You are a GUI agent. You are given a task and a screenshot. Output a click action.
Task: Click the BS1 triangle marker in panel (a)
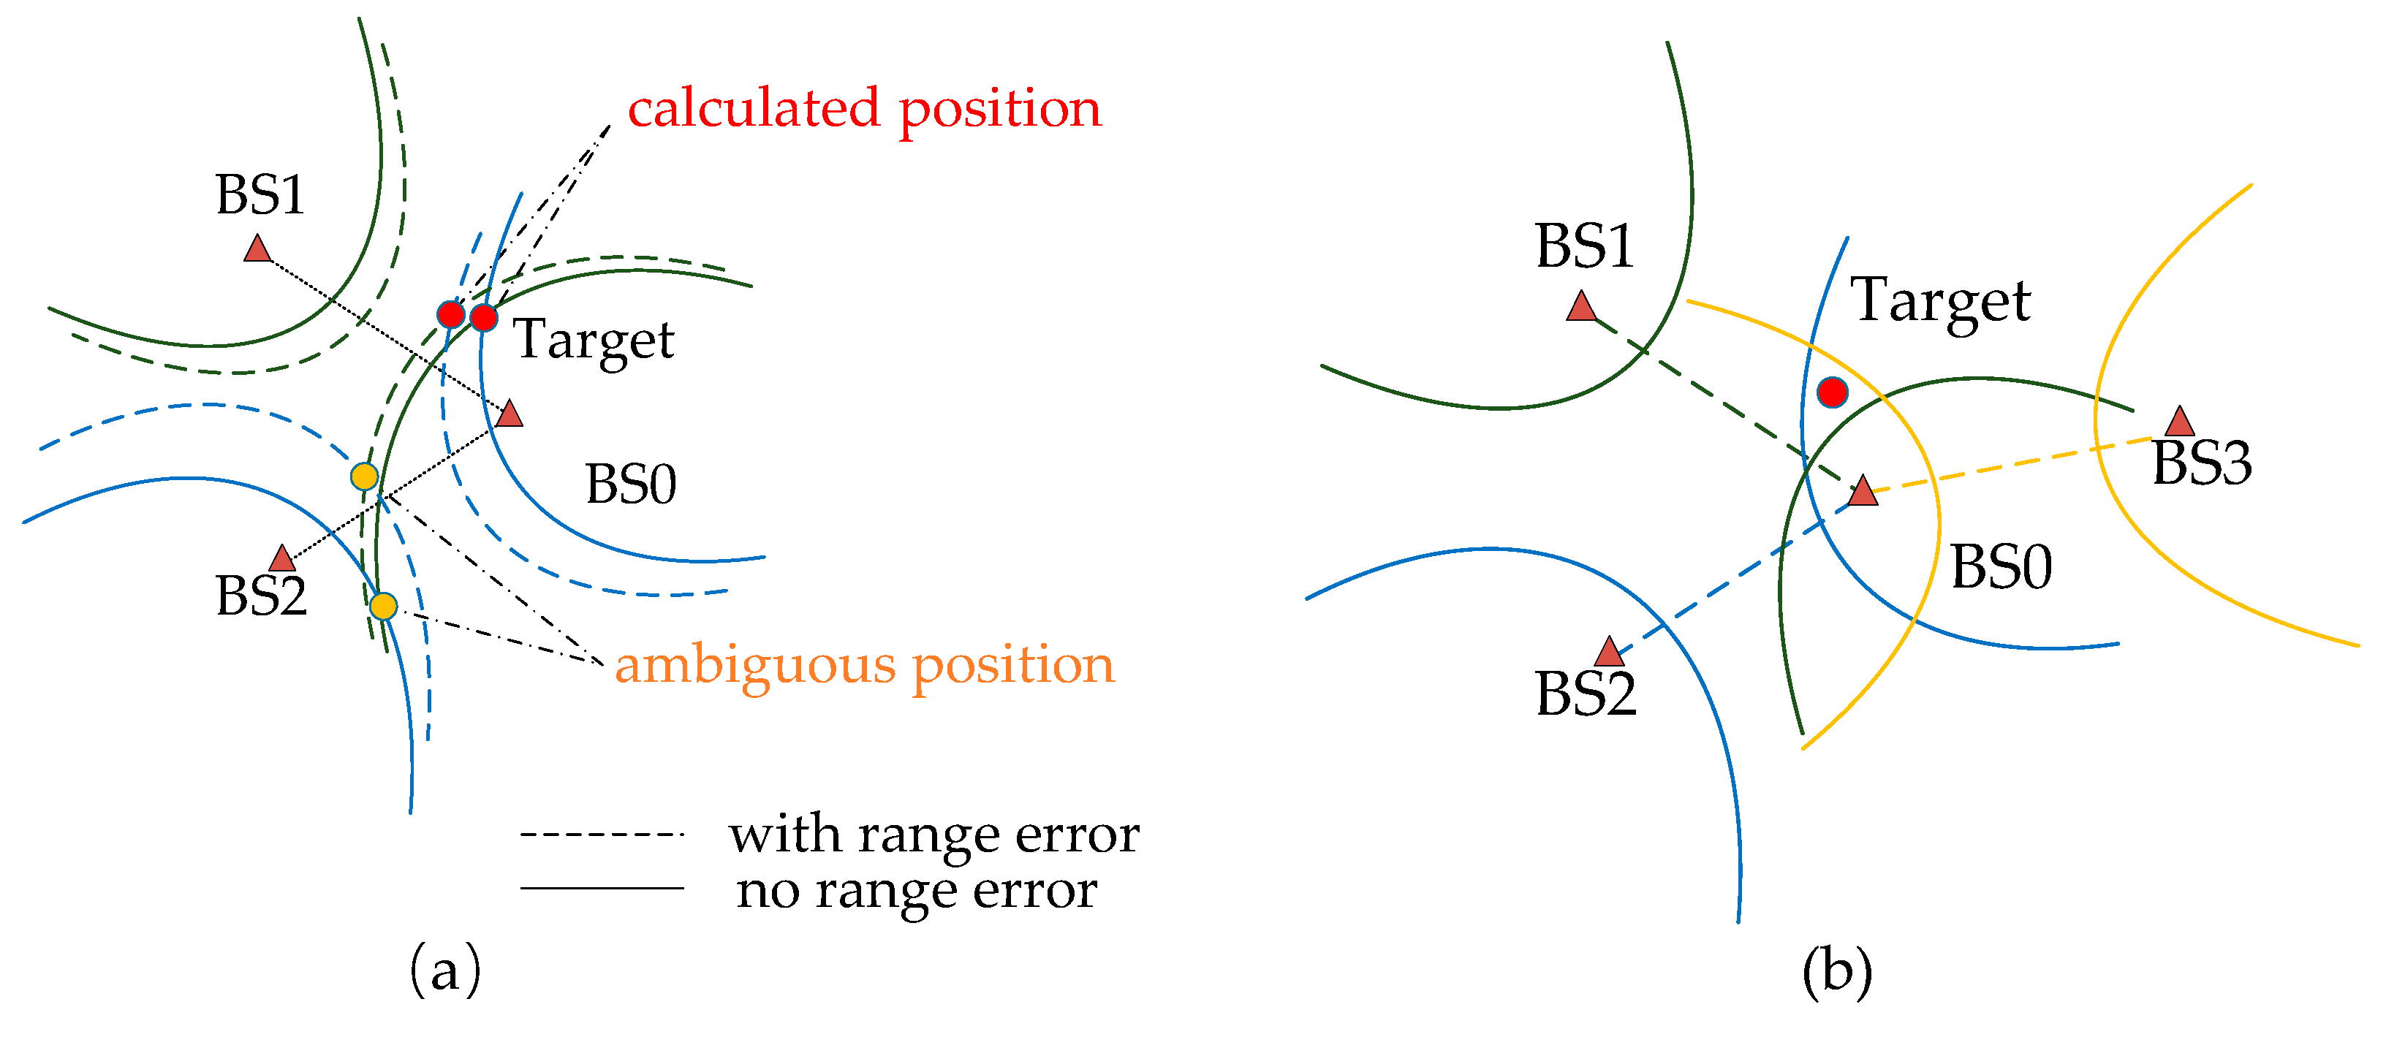[x=257, y=249]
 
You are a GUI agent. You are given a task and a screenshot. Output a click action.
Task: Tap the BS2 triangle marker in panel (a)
[x=281, y=558]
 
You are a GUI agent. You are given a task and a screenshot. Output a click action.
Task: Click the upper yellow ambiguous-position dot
[x=365, y=476]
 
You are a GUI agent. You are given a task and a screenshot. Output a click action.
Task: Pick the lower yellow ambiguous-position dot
[x=384, y=607]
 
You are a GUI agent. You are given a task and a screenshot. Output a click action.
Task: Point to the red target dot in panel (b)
[x=1832, y=392]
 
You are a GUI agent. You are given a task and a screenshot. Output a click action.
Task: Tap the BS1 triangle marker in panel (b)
[x=1582, y=306]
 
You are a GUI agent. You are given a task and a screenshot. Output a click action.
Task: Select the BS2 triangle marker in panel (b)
[x=1610, y=652]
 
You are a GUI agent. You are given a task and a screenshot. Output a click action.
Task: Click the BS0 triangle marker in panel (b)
[x=1863, y=490]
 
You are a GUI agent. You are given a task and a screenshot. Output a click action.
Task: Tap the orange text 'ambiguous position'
[x=865, y=666]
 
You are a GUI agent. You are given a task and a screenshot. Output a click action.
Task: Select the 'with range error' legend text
[x=933, y=836]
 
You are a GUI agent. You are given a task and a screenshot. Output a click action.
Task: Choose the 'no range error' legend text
[x=917, y=892]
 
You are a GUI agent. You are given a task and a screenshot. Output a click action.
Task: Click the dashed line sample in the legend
[x=602, y=835]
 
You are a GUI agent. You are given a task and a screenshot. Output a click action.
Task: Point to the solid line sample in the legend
[x=602, y=889]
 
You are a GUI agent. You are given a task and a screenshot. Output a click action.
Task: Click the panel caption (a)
[x=445, y=970]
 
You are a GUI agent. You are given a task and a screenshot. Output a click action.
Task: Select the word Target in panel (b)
[x=1942, y=302]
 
